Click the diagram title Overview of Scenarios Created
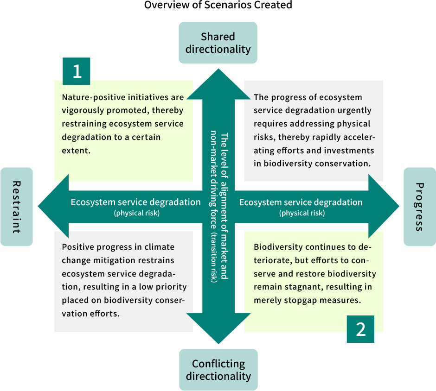(x=218, y=6)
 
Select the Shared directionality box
(x=218, y=43)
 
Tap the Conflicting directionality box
(x=218, y=370)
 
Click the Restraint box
(x=17, y=207)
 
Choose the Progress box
(x=419, y=207)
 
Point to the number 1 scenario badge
(x=77, y=71)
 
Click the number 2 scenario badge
(x=360, y=329)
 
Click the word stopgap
(x=300, y=300)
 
